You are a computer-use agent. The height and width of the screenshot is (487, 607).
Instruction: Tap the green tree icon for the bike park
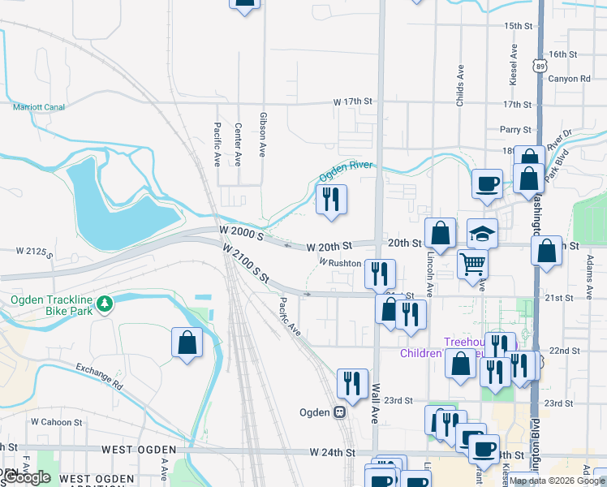[104, 304]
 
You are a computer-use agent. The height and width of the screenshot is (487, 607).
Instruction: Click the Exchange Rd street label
[99, 376]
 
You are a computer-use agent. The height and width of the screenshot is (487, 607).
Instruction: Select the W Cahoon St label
[56, 422]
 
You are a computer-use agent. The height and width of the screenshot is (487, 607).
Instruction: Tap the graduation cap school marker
[482, 234]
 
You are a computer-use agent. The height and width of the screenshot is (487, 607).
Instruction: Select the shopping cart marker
[472, 263]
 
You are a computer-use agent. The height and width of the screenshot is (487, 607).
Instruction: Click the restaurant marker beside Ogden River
[331, 199]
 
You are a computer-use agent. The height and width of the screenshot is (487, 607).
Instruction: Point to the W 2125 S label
[35, 252]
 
